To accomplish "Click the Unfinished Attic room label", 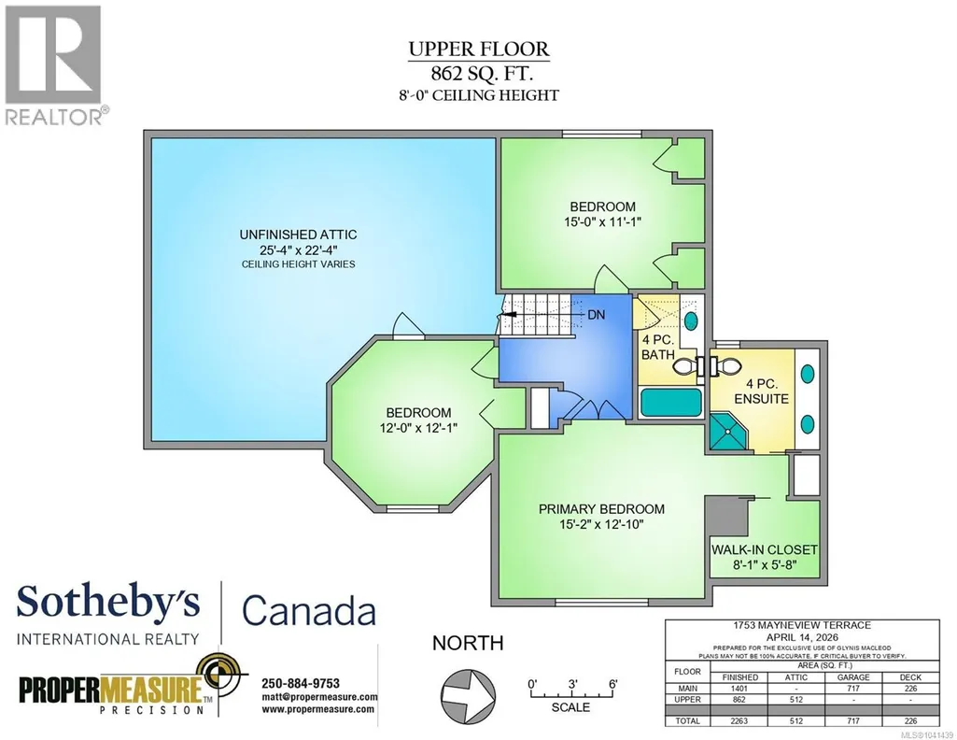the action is coord(298,235).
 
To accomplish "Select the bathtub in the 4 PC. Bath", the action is coord(670,403).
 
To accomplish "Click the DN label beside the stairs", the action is coord(597,315).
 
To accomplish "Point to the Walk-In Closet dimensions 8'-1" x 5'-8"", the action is coord(766,565).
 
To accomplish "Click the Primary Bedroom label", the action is coord(601,509).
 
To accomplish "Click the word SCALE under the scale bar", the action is coord(570,707).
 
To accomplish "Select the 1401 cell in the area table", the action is coord(739,688).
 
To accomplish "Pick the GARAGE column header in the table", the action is coord(853,677).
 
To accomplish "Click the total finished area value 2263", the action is coord(739,721).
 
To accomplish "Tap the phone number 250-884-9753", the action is coord(301,683).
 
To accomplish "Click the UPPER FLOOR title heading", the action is coord(479,49).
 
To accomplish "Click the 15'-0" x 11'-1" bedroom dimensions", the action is coord(602,221).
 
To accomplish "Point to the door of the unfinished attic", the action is coord(408,327).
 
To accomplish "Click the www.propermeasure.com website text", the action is coord(318,709).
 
